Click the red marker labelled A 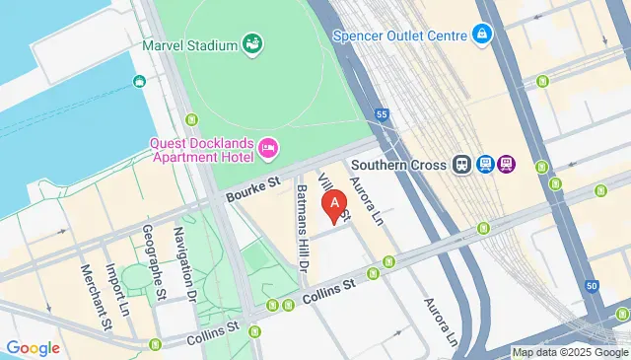pyautogui.click(x=337, y=205)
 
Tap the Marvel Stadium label pyautogui.click(x=190, y=44)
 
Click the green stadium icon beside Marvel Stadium pyautogui.click(x=253, y=44)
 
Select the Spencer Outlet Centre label pyautogui.click(x=414, y=35)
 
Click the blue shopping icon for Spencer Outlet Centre pyautogui.click(x=482, y=35)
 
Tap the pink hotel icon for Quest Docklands pyautogui.click(x=268, y=149)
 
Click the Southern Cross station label pyautogui.click(x=399, y=165)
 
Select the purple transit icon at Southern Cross pyautogui.click(x=507, y=165)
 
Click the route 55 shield pyautogui.click(x=381, y=114)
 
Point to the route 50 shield pyautogui.click(x=591, y=285)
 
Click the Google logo pyautogui.click(x=33, y=348)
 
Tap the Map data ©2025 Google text pyautogui.click(x=570, y=352)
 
